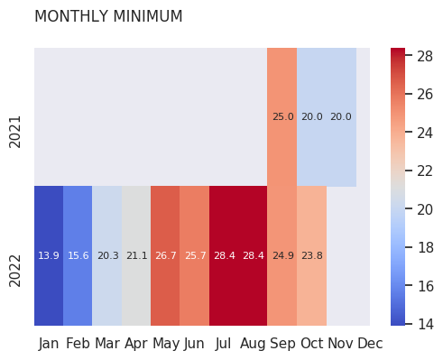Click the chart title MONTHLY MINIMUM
click(x=108, y=16)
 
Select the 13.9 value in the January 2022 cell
click(x=49, y=255)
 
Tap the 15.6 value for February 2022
click(x=78, y=255)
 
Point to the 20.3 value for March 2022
click(x=108, y=255)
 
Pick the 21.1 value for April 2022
click(x=137, y=255)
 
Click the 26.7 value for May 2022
click(x=166, y=255)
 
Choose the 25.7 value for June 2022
click(x=196, y=255)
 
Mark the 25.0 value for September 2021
click(x=283, y=116)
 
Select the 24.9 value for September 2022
click(x=283, y=255)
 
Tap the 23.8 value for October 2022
click(x=312, y=255)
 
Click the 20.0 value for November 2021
click(x=341, y=116)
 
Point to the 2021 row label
click(x=15, y=132)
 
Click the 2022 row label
click(x=15, y=271)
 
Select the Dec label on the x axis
click(x=370, y=344)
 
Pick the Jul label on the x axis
click(x=223, y=344)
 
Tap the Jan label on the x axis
click(x=49, y=344)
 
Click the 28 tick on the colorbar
click(x=425, y=56)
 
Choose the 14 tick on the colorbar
click(x=426, y=324)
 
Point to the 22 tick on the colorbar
click(x=425, y=171)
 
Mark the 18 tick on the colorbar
click(x=426, y=247)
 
